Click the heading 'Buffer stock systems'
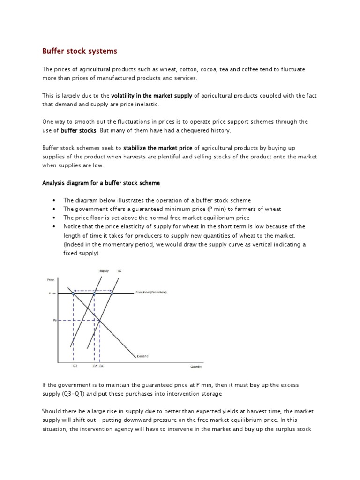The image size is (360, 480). (x=80, y=50)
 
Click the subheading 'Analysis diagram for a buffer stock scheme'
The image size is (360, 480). (x=102, y=183)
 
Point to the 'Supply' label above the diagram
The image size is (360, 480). (x=104, y=271)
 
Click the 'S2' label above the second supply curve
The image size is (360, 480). (x=120, y=271)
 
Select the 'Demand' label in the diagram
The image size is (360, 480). (x=142, y=356)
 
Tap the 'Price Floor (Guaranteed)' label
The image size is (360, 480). (x=151, y=292)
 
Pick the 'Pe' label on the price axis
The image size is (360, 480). (x=54, y=321)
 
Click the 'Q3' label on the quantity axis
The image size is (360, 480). (x=75, y=366)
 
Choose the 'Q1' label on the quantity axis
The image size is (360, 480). (x=95, y=366)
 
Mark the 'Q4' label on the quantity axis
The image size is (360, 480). (x=101, y=366)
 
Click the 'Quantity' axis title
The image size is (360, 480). (x=196, y=367)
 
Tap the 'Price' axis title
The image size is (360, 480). (x=51, y=280)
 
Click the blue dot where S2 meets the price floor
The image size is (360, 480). (x=112, y=293)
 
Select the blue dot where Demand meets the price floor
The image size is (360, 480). (x=73, y=293)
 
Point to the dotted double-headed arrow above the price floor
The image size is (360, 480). (x=93, y=290)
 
